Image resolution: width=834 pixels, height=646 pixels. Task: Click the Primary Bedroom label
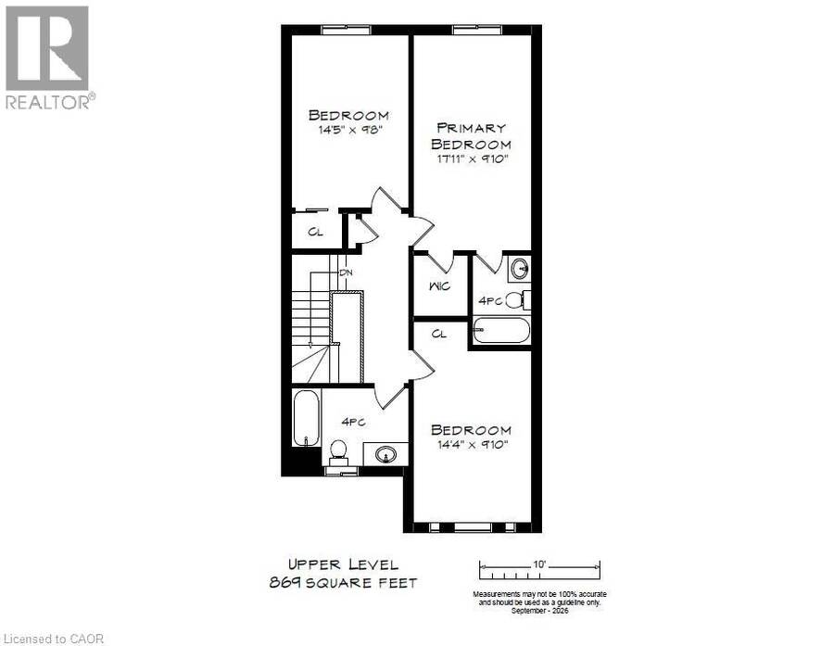click(x=471, y=135)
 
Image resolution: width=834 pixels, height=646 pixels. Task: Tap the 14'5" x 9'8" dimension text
click(x=350, y=130)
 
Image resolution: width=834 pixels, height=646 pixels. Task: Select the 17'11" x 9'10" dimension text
click(x=473, y=158)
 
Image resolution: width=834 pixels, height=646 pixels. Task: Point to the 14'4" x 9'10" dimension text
click(x=473, y=444)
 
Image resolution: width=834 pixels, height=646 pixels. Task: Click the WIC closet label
click(x=440, y=286)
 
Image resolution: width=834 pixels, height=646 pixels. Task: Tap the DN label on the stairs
click(x=347, y=272)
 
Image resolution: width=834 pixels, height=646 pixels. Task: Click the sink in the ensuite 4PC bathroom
click(x=519, y=270)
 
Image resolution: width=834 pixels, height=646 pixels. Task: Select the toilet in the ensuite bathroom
click(x=517, y=300)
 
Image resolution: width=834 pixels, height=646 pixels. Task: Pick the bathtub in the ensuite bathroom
click(x=501, y=331)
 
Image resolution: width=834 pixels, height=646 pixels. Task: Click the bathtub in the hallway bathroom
click(x=307, y=419)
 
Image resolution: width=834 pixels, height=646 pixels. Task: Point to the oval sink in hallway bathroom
click(x=385, y=454)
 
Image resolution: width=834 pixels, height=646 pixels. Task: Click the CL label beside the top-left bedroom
click(x=315, y=232)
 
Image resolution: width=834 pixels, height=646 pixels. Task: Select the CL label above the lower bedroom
click(x=439, y=335)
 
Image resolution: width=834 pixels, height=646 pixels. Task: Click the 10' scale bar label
click(x=539, y=564)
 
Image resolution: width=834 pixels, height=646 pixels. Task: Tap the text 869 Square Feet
click(x=343, y=583)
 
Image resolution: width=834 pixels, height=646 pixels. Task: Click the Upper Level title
click(x=343, y=564)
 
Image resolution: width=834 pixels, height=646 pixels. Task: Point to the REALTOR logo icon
click(x=47, y=48)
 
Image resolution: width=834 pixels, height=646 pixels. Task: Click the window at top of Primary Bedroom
click(x=476, y=30)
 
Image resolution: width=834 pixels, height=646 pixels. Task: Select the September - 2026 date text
click(x=539, y=611)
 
